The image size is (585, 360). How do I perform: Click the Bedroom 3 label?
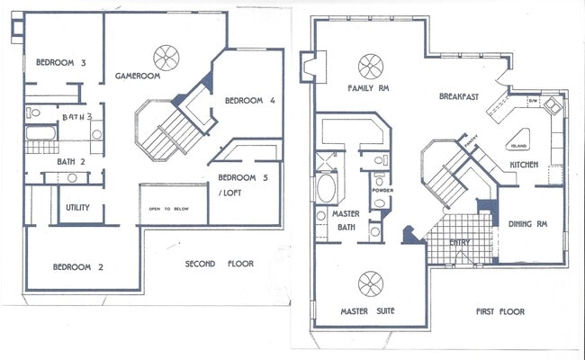(61, 63)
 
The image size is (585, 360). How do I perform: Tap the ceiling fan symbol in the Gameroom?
(166, 58)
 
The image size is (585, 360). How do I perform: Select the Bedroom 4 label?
(249, 100)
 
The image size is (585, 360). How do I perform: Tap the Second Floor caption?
(219, 265)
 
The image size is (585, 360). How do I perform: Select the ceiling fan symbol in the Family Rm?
(372, 66)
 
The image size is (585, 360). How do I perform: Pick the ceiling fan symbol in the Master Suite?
(372, 284)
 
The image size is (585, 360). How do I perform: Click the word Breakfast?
(460, 96)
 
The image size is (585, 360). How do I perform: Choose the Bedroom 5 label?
(244, 176)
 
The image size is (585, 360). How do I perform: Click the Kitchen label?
(525, 166)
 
